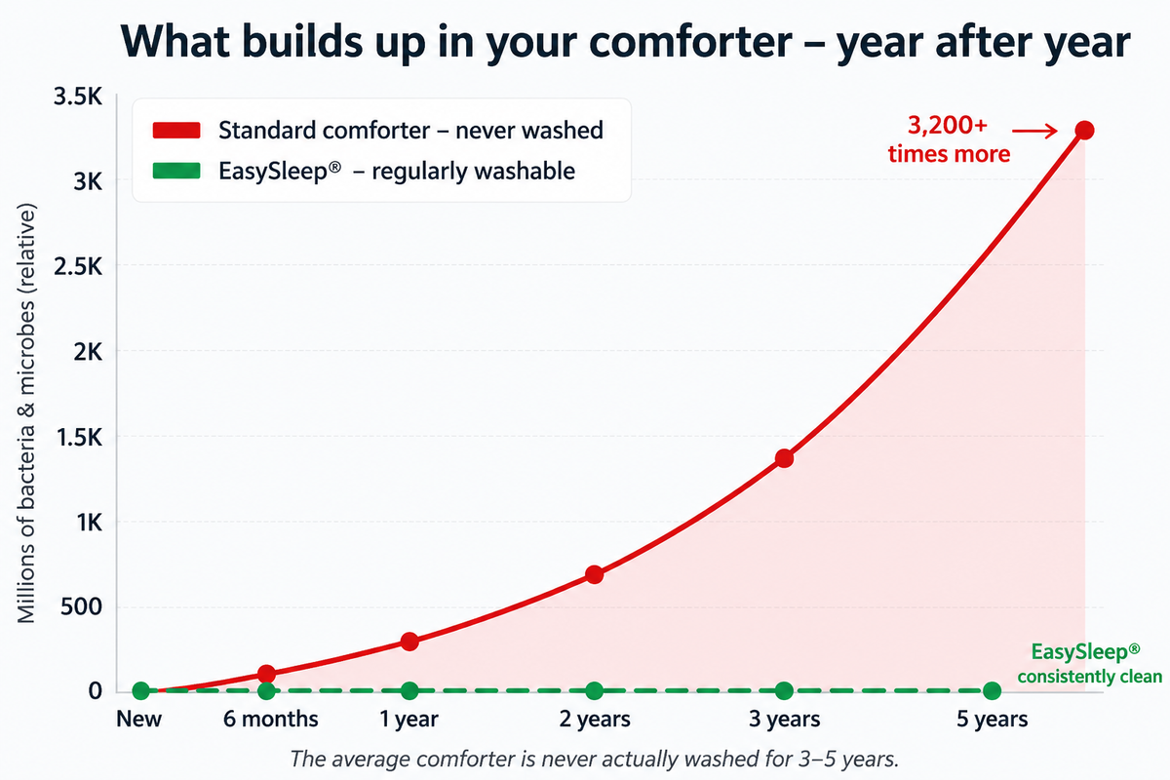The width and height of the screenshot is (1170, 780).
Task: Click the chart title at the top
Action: tap(625, 42)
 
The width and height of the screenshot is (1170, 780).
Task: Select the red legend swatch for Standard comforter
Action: tap(176, 130)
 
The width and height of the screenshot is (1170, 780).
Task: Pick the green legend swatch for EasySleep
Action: tap(176, 171)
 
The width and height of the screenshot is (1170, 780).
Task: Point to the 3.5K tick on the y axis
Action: tap(78, 97)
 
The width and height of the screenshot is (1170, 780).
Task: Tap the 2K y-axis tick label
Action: tap(88, 353)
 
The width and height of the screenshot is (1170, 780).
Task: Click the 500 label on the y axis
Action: tap(82, 607)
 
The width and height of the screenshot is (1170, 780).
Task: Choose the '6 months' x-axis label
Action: tap(271, 720)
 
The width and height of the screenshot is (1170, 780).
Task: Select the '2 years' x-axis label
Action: tap(595, 720)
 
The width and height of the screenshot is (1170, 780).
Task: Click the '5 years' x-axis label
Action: tap(992, 720)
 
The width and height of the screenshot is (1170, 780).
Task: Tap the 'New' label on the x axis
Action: tap(138, 720)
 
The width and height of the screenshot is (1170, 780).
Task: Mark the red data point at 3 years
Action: tap(784, 458)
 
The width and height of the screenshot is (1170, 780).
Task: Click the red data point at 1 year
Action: tap(409, 642)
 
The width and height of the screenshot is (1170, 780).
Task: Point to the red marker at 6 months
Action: tap(266, 674)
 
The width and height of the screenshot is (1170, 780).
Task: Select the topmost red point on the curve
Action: tap(1085, 130)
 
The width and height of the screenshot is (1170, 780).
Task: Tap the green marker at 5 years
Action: tap(992, 691)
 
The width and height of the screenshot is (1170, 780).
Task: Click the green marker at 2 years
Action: tap(595, 691)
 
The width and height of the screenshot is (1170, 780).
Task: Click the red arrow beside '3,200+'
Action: tap(1034, 131)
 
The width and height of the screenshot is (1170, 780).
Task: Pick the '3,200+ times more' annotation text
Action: tap(949, 139)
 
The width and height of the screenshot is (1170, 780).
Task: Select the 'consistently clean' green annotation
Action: tap(1090, 677)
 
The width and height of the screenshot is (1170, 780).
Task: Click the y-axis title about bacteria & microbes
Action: tap(25, 412)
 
